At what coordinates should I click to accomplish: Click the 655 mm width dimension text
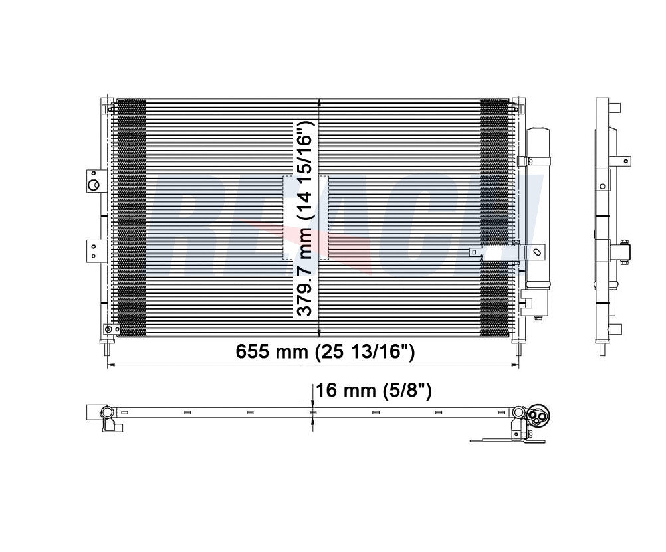coord(325,352)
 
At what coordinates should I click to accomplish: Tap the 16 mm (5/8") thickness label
coord(374,391)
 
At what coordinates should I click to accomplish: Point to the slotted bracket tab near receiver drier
coord(532,252)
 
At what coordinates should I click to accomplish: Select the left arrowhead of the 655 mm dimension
coord(110,365)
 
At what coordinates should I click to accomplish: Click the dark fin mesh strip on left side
coord(131,219)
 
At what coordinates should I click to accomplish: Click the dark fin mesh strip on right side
coord(494,219)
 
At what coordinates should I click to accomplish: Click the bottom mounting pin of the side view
coord(602,348)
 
